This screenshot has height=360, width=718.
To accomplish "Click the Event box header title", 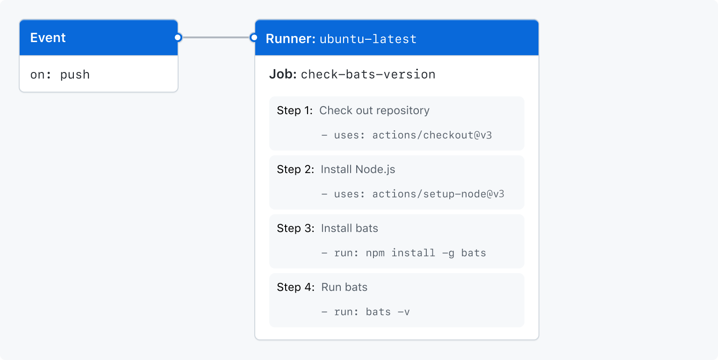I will click(x=48, y=38).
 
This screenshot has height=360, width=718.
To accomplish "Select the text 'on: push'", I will click(x=60, y=75).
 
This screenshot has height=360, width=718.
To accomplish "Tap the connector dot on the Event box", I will click(x=178, y=38).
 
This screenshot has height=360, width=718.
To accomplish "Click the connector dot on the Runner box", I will click(x=254, y=38).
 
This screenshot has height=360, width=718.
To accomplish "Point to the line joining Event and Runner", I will click(x=215, y=38).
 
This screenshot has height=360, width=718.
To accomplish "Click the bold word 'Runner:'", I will click(x=290, y=39).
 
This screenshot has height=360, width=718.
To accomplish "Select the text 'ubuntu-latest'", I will click(x=368, y=39).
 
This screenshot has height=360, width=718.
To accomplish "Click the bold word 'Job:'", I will click(x=283, y=74).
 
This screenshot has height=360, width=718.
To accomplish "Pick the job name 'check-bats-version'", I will click(x=368, y=74).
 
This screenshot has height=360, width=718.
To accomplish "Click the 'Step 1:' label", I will click(x=294, y=111).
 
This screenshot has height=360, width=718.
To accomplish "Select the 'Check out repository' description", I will click(x=374, y=111).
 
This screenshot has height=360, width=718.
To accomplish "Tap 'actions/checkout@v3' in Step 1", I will click(x=432, y=136).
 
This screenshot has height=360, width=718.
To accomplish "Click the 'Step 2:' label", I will click(x=295, y=170).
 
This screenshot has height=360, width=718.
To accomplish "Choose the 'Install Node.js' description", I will click(x=358, y=170).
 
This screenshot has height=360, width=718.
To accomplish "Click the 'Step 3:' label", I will click(x=295, y=229).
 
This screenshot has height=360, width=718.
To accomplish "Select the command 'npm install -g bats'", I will click(x=426, y=253).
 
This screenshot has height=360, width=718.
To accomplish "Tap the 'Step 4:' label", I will click(x=295, y=288).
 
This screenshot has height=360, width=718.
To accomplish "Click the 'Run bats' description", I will click(x=344, y=288).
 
